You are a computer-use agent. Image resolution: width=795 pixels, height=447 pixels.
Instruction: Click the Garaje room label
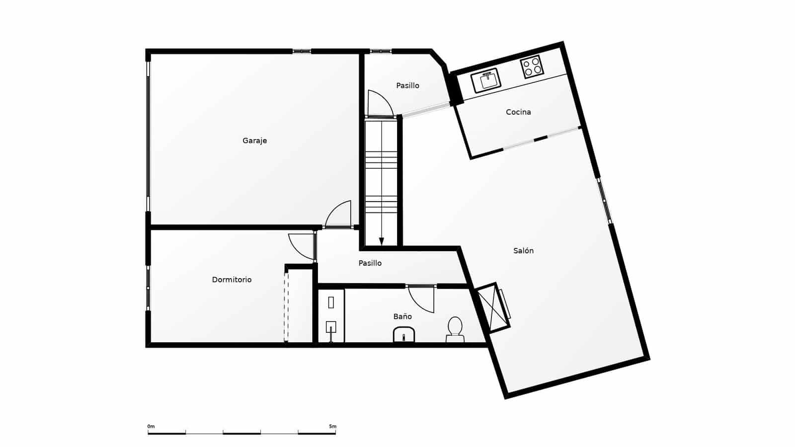254,141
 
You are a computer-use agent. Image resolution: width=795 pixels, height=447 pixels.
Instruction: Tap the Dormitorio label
232,280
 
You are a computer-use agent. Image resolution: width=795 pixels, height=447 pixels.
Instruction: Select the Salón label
524,250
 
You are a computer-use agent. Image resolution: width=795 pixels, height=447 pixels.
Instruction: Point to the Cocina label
519,112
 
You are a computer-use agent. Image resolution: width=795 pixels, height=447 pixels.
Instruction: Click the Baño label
402,316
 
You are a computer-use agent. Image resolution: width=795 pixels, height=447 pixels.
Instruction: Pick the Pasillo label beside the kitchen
407,85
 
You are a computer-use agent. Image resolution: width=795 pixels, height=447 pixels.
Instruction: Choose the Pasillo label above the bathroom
370,263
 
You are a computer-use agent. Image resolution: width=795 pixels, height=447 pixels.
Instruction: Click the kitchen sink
486,80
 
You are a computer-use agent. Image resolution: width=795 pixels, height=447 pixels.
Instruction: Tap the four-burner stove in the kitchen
532,67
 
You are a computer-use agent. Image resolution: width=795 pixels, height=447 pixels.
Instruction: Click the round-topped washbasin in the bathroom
404,335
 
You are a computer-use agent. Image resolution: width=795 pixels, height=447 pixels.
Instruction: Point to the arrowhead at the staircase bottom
382,241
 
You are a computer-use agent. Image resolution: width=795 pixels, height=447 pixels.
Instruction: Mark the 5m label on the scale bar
332,427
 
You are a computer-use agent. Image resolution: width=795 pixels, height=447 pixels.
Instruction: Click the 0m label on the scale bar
151,427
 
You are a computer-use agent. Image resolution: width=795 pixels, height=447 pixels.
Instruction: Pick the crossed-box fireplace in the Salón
492,307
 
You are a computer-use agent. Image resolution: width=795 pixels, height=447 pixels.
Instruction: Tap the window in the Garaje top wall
301,52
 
